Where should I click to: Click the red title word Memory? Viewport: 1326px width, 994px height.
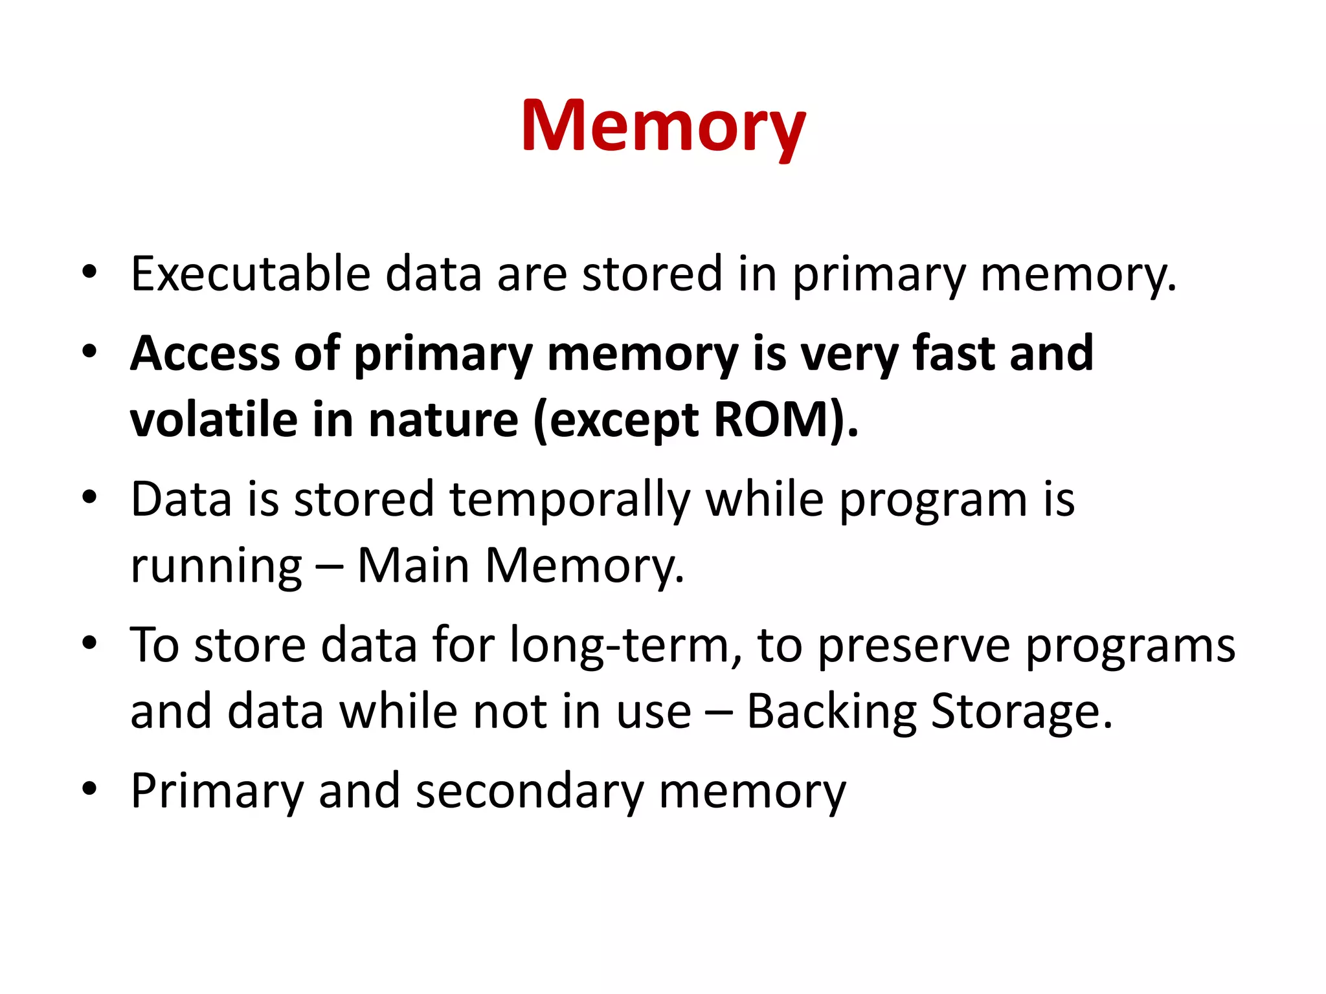point(663,126)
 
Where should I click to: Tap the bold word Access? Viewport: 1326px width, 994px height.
point(205,354)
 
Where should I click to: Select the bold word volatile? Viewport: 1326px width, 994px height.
point(213,421)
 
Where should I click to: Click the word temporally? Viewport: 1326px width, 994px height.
point(570,500)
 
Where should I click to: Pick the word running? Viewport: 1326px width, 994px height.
point(216,567)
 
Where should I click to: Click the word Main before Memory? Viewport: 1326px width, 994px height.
point(413,566)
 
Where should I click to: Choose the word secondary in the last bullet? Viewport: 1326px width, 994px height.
point(530,791)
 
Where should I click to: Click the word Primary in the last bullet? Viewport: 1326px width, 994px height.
point(217,791)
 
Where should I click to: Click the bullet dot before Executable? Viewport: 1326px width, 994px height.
point(89,272)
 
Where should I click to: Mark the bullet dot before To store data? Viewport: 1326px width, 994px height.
point(89,643)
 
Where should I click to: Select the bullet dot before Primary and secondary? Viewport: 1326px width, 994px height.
point(89,789)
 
